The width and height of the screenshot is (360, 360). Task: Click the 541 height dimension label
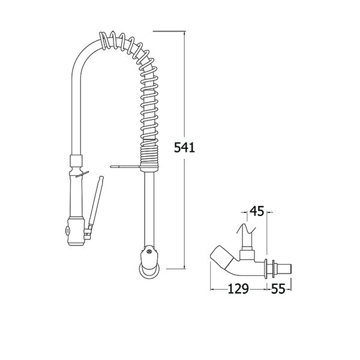(x=184, y=148)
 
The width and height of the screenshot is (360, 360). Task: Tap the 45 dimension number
(x=257, y=211)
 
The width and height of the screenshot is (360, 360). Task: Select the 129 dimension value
(x=238, y=289)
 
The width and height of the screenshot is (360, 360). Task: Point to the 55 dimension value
(x=278, y=289)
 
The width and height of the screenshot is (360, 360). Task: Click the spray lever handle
(x=95, y=201)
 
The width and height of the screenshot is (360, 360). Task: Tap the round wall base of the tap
(x=151, y=271)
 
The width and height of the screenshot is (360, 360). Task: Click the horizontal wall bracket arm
(x=126, y=166)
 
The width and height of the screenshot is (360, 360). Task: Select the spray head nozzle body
(x=76, y=232)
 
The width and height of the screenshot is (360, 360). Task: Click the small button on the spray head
(x=68, y=230)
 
